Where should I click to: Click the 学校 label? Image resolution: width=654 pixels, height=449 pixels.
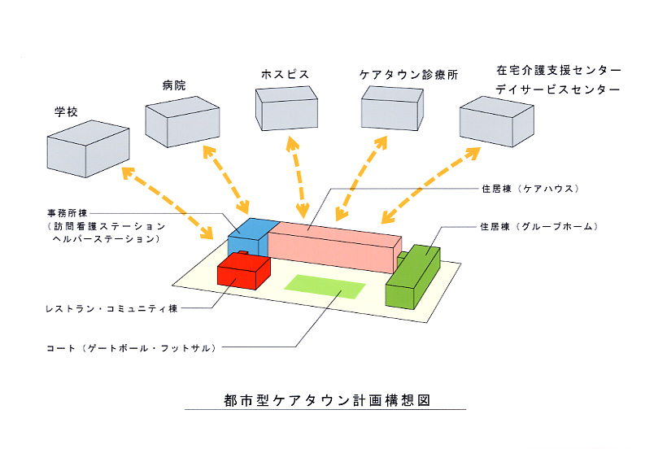66,111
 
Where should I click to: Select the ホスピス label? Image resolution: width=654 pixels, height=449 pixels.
285,74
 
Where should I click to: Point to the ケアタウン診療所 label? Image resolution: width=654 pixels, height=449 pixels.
409,74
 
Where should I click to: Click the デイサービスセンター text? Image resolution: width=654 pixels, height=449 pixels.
558,89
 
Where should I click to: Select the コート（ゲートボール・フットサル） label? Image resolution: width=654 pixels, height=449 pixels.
131,347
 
